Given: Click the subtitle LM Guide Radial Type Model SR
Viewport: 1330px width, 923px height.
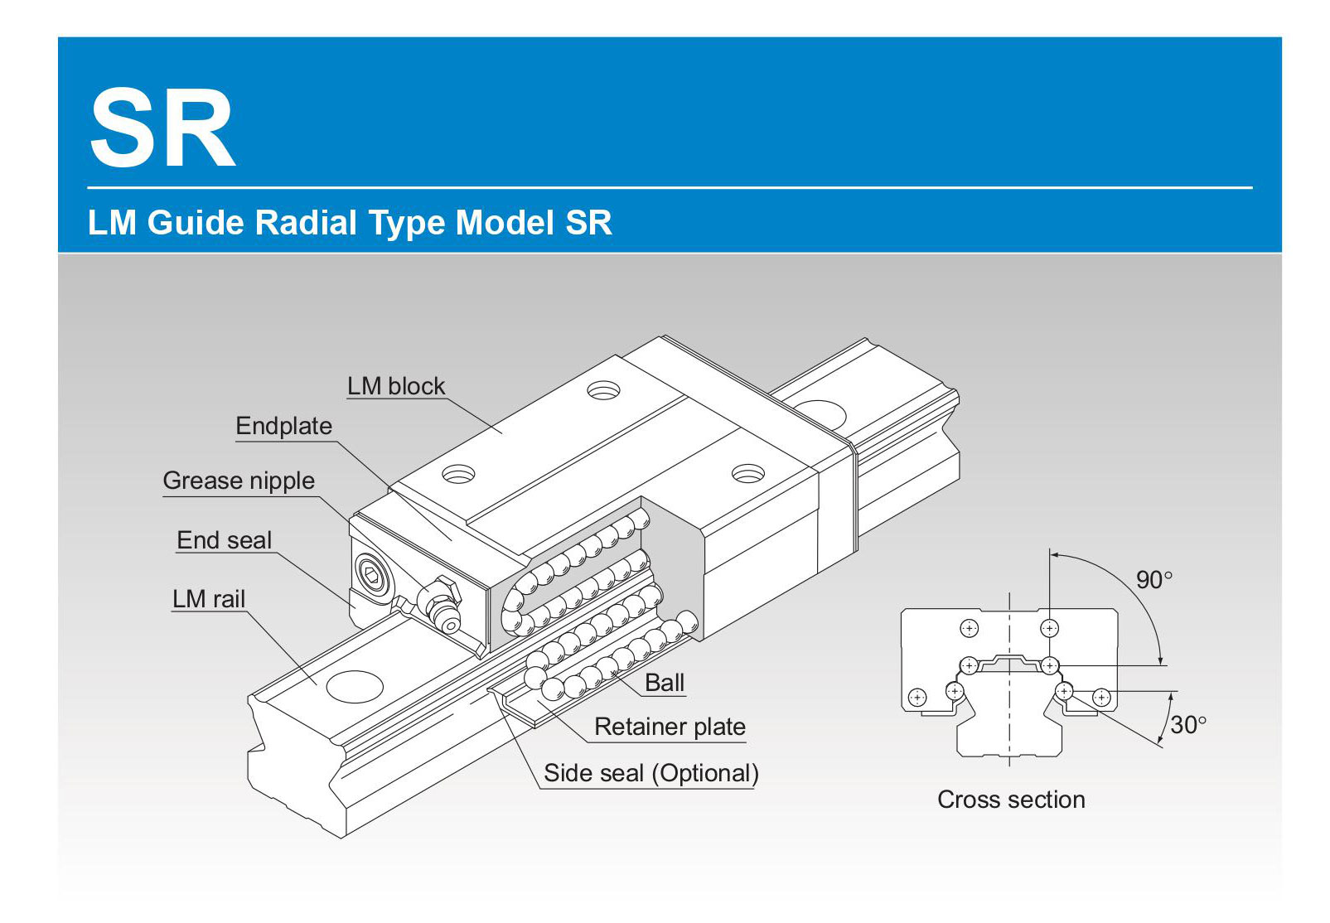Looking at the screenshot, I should (349, 223).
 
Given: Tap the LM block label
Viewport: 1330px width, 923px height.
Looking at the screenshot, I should (395, 386).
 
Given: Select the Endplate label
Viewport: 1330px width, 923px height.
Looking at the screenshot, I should (283, 426).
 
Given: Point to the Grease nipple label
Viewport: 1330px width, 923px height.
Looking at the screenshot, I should (239, 481).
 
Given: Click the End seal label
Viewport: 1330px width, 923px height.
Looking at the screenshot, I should (224, 540).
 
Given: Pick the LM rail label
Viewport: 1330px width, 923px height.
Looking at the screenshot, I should (209, 599).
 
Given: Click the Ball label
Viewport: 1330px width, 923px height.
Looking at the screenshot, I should (665, 683).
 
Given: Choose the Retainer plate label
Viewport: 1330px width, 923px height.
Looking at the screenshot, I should (670, 727).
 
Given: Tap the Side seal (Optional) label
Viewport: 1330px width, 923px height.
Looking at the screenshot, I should (650, 773).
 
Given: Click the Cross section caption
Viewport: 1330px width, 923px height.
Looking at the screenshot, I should (1011, 800).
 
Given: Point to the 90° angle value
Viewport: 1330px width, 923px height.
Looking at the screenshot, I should (1153, 580).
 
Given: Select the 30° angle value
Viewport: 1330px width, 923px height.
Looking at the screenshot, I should (1187, 726).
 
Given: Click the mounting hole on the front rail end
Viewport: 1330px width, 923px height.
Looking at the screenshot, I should (355, 686).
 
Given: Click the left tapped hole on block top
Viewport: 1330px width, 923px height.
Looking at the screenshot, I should (458, 475).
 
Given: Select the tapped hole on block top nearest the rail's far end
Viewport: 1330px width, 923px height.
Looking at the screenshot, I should (603, 389).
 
